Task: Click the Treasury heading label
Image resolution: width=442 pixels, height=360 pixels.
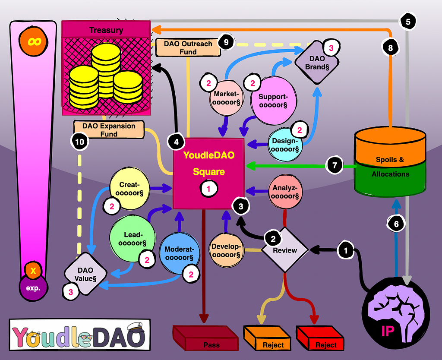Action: click(x=106, y=30)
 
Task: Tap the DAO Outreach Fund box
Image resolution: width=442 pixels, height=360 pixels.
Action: click(x=188, y=47)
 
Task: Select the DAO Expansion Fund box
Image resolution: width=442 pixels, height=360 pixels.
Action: click(x=109, y=129)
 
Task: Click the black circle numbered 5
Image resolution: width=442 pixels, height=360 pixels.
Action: click(x=408, y=22)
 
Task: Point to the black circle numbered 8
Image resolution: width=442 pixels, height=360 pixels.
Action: click(x=390, y=47)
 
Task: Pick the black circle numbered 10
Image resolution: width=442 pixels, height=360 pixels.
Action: click(x=80, y=142)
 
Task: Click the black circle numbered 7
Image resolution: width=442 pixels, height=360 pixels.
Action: click(x=335, y=165)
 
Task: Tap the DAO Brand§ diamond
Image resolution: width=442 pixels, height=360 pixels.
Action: click(x=317, y=63)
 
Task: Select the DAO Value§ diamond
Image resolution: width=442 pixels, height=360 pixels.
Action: click(x=85, y=274)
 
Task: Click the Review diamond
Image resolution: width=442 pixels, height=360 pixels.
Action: click(x=285, y=250)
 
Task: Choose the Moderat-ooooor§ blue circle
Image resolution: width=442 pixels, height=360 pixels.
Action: click(x=179, y=253)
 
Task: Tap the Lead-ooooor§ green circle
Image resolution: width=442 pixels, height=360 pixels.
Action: click(x=133, y=239)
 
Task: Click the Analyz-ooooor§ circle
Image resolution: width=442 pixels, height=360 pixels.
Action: click(x=285, y=192)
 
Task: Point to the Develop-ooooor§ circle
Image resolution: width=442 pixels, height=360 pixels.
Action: click(x=226, y=250)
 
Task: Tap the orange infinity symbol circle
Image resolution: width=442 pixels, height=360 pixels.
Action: click(x=34, y=41)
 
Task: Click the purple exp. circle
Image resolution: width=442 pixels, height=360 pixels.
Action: click(x=33, y=287)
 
